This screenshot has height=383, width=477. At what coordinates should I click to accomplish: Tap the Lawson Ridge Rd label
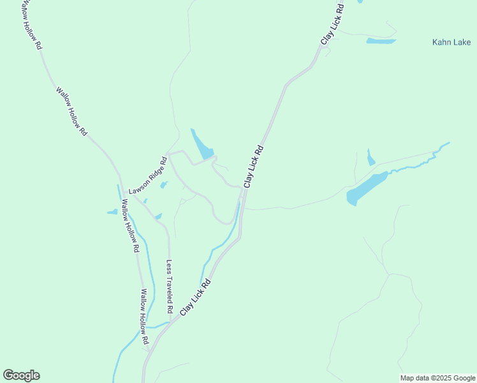coord(147,176)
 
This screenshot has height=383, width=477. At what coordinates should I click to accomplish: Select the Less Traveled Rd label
coord(170,285)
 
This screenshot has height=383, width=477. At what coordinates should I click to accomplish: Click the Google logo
coord(21,375)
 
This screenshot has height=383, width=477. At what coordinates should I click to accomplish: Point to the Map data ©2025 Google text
coord(438,378)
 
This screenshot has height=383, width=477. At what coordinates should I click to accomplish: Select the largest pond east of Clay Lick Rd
coord(366,188)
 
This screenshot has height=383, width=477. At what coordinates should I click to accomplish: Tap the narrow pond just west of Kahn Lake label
coord(381,41)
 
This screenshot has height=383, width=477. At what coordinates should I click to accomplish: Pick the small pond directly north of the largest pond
coord(371,158)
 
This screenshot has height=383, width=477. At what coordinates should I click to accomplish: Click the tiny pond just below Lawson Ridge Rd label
coord(164,185)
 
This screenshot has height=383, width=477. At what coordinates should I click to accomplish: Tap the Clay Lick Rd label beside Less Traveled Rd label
coord(195,296)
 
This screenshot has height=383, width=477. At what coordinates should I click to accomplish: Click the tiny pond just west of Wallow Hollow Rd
coord(112,212)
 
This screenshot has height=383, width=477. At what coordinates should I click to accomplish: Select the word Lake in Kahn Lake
coord(462,43)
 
